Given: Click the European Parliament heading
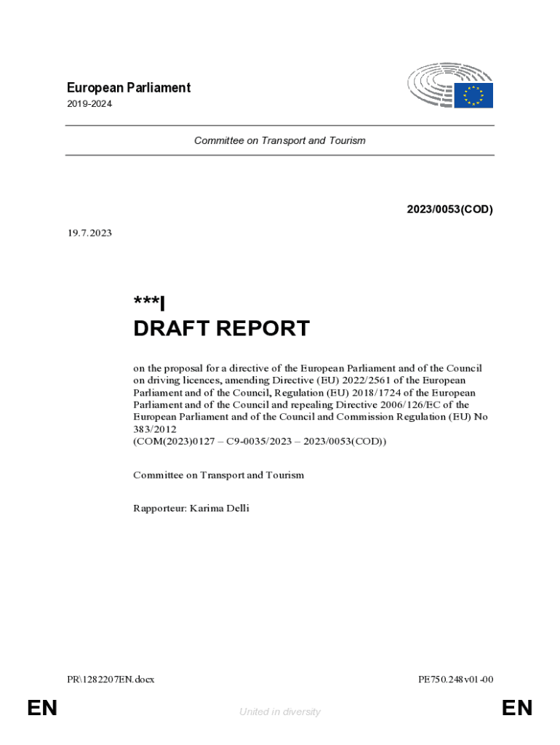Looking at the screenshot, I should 128,88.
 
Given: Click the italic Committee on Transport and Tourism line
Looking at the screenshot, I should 279,140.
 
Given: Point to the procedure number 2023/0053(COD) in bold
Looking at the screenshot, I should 449,210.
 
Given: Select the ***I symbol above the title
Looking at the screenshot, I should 149,303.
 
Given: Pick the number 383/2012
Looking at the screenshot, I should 155,429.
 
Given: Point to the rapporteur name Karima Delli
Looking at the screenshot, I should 219,508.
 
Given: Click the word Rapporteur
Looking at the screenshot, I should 159,508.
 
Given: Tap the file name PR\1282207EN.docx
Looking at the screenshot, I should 110,680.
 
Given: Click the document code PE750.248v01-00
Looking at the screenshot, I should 456,680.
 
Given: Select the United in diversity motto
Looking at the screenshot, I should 279,712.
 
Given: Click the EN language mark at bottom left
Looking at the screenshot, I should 42,708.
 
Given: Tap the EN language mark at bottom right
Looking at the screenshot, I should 517,708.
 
